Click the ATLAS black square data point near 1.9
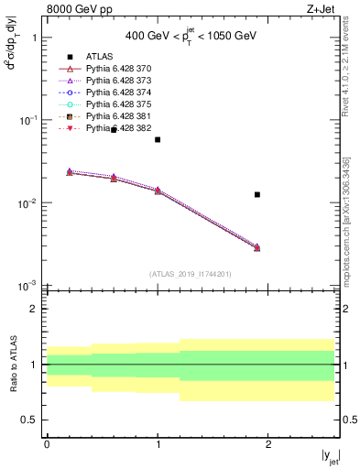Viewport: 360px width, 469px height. (x=257, y=194)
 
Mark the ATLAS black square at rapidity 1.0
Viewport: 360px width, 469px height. (x=158, y=139)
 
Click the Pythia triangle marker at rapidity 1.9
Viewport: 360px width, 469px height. (x=257, y=247)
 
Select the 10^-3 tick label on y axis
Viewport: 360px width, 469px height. (x=25, y=286)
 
